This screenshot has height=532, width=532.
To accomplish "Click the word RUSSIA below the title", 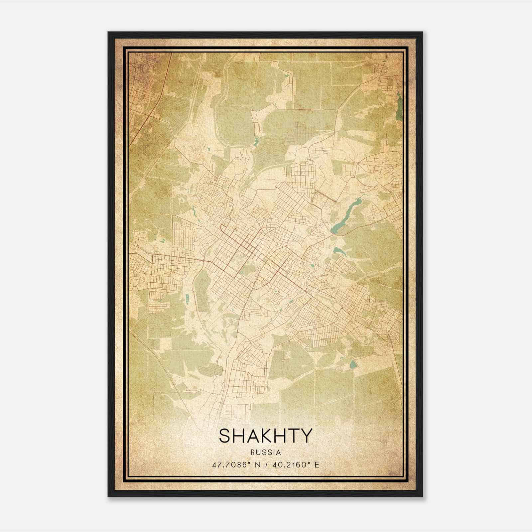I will coord(266,453).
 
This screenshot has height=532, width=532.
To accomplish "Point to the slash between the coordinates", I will coord(266,465).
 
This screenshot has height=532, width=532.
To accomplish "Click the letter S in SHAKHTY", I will coord(225,436).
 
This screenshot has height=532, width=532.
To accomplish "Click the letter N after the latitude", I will coord(258,465).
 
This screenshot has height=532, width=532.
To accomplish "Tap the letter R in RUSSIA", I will coord(253,453).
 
